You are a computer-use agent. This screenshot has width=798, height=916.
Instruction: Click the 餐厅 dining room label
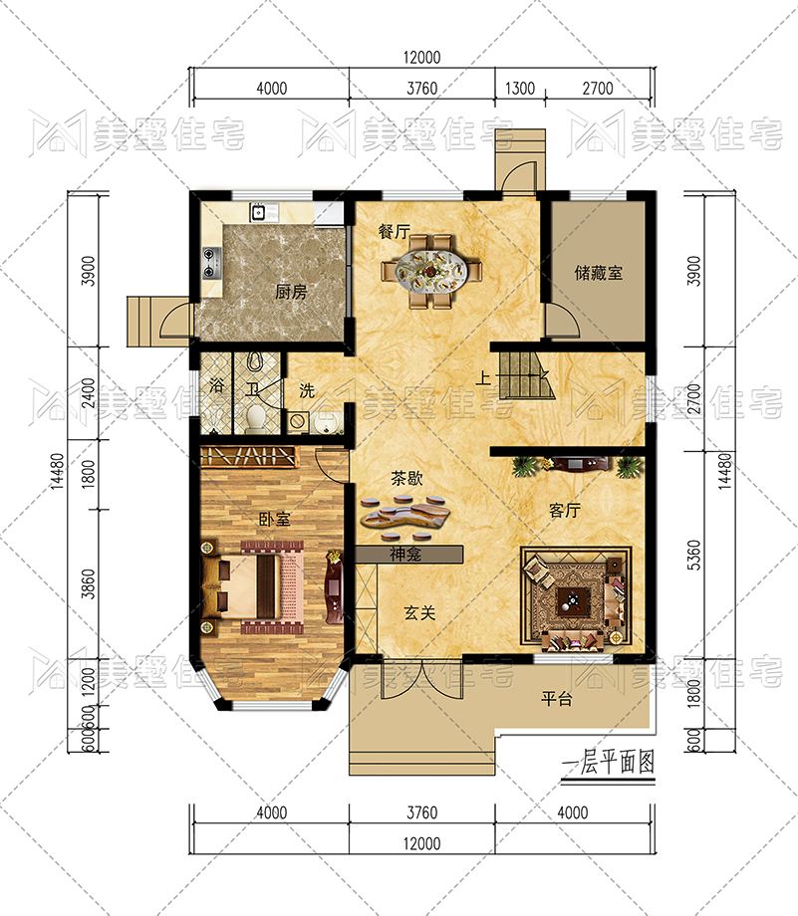[395, 231]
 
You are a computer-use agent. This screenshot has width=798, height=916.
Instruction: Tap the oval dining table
[430, 272]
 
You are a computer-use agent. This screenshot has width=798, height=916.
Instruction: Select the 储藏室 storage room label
[598, 272]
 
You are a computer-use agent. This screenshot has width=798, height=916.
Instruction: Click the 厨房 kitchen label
[291, 292]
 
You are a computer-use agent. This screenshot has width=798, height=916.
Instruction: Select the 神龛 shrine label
[405, 554]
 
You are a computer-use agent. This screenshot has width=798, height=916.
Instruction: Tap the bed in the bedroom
[253, 586]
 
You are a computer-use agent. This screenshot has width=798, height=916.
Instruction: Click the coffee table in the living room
[573, 600]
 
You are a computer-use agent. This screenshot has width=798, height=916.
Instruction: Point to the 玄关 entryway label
[419, 612]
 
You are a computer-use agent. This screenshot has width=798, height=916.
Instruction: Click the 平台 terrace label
[556, 699]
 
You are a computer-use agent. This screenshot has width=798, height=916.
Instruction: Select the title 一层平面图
[608, 762]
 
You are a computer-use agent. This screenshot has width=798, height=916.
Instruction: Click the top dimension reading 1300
[520, 89]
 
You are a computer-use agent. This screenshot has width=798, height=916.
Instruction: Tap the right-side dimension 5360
[693, 555]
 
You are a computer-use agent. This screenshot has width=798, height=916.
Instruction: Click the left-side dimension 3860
[89, 583]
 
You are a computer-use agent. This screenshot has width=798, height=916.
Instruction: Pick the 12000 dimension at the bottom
[421, 843]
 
